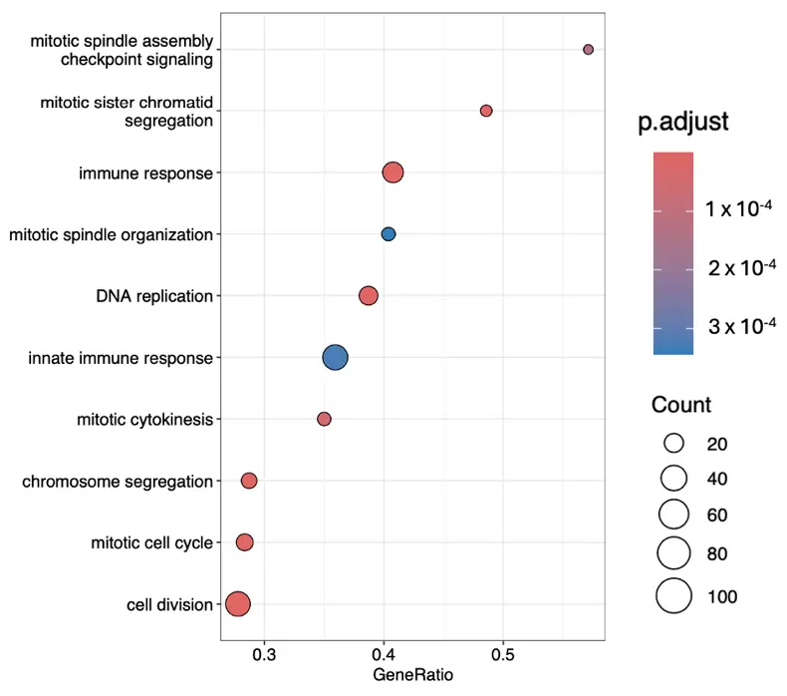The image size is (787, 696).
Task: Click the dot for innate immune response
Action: [336, 357]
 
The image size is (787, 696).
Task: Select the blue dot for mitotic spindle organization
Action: [389, 234]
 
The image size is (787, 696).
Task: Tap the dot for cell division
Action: [237, 604]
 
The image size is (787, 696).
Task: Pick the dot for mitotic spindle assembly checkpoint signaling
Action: [589, 49]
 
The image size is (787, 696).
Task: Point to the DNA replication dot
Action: [369, 296]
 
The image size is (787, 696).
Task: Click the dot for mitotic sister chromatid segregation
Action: [486, 111]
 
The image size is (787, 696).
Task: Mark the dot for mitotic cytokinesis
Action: [324, 419]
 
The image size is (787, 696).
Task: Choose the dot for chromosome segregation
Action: [249, 481]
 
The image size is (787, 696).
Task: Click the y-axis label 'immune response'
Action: [146, 174]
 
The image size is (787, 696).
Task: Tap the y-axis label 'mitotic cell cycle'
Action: [151, 543]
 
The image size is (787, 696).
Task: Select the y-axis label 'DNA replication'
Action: [154, 296]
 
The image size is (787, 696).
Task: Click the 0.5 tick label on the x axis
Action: [503, 655]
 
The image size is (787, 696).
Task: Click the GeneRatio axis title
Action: [412, 676]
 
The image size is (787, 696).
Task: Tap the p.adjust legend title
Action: [683, 123]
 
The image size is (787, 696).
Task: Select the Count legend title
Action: [681, 405]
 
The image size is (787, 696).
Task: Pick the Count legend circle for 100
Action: [674, 595]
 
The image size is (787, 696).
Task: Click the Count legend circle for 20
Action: [674, 443]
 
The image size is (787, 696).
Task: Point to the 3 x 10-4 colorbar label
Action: [740, 326]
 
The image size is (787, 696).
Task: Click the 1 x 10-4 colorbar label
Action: [740, 208]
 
